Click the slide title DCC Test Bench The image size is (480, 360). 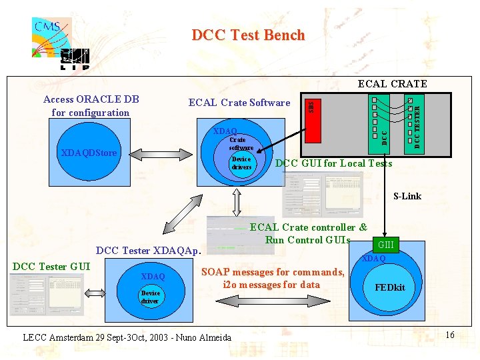(248, 35)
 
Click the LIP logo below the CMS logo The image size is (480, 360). (74, 59)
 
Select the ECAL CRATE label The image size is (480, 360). (392, 84)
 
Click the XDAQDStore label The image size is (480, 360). (89, 153)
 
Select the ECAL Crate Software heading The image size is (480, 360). (239, 103)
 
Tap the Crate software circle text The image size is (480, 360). (241, 143)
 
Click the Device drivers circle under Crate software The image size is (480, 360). (241, 163)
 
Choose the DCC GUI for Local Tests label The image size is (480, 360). (333, 163)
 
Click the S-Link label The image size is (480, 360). (407, 196)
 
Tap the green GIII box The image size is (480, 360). (386, 245)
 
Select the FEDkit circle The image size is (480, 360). (390, 287)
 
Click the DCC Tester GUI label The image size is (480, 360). (51, 267)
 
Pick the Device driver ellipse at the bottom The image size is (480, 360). (150, 297)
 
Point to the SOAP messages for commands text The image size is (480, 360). (272, 272)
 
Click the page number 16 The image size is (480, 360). (450, 335)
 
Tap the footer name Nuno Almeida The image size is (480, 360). (199, 337)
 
